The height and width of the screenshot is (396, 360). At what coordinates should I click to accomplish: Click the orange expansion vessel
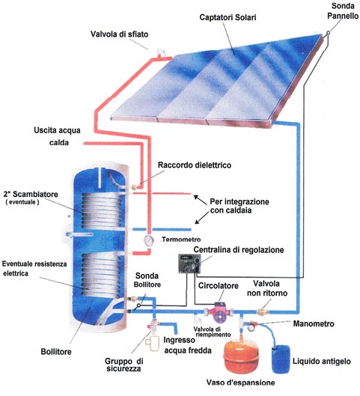coord(241,356)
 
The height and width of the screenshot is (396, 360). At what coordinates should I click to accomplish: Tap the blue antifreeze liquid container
coord(281,359)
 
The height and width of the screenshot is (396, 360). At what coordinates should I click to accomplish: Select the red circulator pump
coord(219,312)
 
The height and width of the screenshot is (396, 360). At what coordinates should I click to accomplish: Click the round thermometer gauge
coord(149,240)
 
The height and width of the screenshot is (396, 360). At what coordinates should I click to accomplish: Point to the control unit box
coord(189,264)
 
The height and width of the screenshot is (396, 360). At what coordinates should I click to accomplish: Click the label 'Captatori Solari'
coord(228,17)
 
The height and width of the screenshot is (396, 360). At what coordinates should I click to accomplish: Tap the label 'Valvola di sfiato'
coord(120,34)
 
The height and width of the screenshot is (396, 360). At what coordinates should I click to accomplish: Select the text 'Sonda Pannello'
coord(343,11)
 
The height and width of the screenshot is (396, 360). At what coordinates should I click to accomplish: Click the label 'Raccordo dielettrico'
coord(195,165)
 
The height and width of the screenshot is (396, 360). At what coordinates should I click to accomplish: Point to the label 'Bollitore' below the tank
coord(56,352)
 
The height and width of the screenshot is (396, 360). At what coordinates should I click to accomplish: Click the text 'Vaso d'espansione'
coord(240,383)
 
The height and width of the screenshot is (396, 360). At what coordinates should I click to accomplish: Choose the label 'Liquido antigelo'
coord(322,362)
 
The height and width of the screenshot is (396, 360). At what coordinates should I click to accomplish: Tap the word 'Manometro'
coord(314,324)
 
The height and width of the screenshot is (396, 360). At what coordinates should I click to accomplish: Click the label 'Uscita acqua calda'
coord(58,136)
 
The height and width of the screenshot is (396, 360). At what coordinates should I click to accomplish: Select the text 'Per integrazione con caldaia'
coord(240,206)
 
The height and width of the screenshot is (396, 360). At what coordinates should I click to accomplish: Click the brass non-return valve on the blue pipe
coord(263,311)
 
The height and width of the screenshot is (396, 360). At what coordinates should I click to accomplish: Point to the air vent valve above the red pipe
coord(161,52)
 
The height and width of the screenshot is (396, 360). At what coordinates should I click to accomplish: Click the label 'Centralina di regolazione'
coord(239,250)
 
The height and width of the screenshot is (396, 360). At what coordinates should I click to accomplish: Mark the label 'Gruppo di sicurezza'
coord(123,365)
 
